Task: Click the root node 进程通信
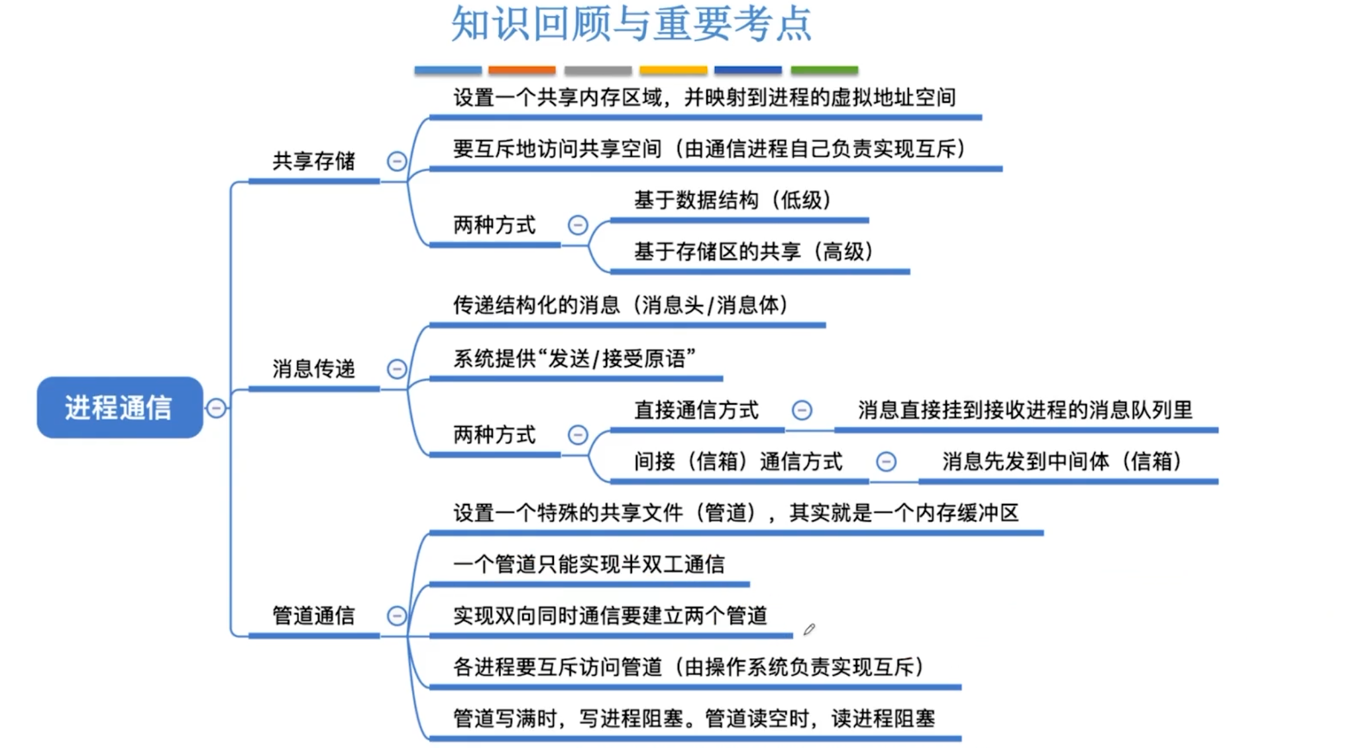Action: click(x=119, y=407)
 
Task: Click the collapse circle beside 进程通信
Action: click(x=216, y=408)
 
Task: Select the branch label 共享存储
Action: click(x=313, y=161)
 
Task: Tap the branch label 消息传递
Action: click(x=313, y=369)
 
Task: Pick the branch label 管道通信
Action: click(x=313, y=615)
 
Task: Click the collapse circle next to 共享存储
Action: click(x=396, y=161)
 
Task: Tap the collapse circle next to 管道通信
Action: click(x=396, y=616)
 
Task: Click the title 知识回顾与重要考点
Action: click(x=631, y=25)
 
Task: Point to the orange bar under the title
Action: click(x=521, y=70)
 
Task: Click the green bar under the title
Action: click(x=824, y=70)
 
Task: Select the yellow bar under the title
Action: click(x=673, y=70)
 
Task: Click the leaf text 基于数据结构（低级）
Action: click(x=732, y=200)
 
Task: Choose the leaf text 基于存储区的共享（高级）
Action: click(x=753, y=251)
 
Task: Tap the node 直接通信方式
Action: click(x=696, y=410)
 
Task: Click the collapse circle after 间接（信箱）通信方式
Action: click(x=886, y=462)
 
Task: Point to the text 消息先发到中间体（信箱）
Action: click(x=1061, y=461)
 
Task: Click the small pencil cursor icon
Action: click(x=809, y=629)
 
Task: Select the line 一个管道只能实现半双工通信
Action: click(x=589, y=564)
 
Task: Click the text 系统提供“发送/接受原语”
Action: click(x=574, y=359)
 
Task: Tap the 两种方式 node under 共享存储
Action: click(x=494, y=225)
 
